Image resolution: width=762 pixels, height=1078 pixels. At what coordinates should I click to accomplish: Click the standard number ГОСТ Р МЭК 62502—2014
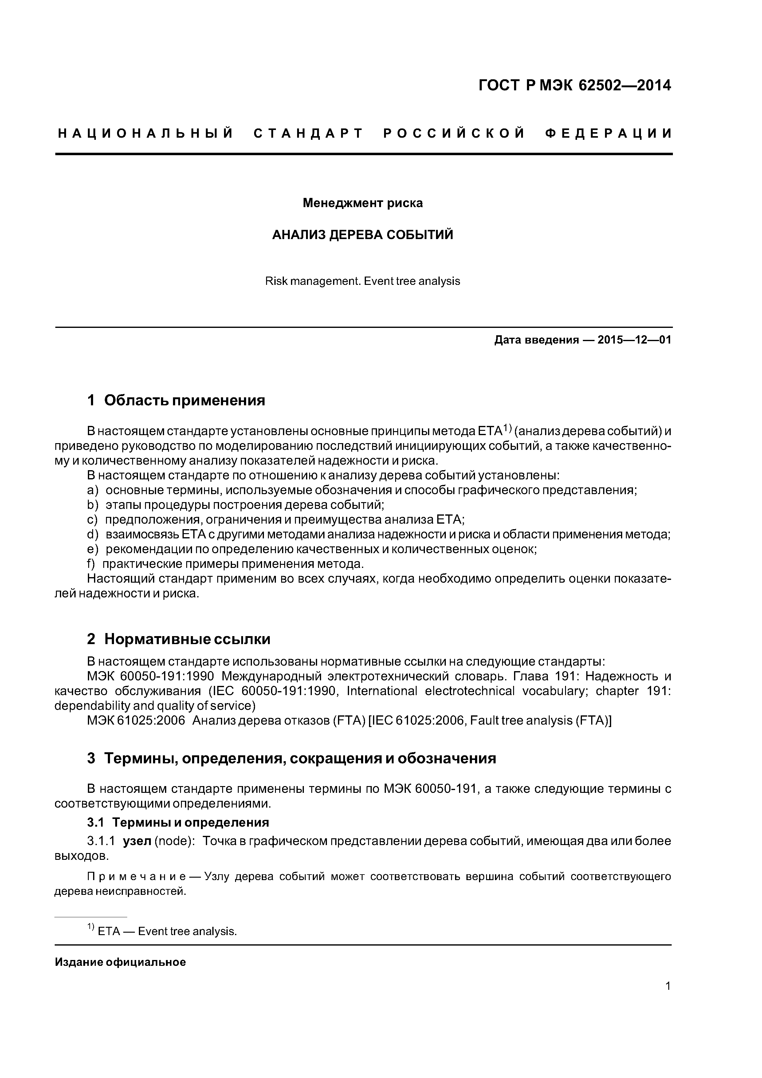tap(575, 85)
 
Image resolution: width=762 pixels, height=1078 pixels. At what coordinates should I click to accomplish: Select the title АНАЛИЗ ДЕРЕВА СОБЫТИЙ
tap(363, 235)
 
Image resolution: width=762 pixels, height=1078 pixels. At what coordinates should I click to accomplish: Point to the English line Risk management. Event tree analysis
tap(363, 281)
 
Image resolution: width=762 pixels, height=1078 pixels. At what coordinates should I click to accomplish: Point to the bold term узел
tap(137, 841)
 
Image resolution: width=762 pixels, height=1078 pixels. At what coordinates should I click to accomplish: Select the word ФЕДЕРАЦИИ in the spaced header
tap(608, 134)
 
